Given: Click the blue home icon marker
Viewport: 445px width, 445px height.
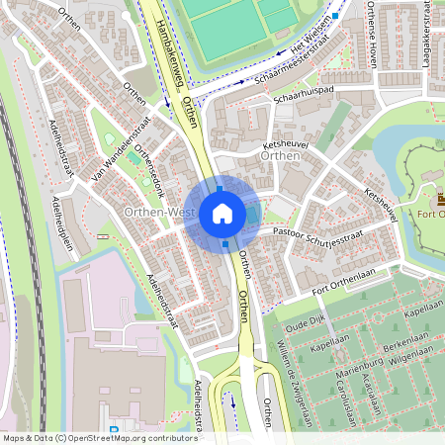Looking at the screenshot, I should (x=222, y=214).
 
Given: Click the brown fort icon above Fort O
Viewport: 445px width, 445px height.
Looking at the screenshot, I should (x=440, y=201).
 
